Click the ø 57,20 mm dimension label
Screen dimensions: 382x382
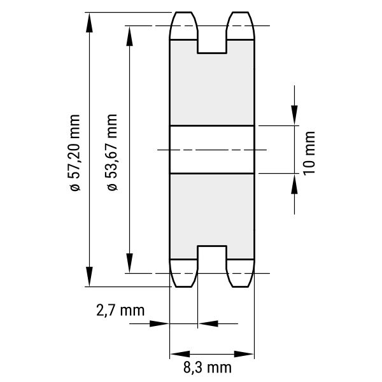pyautogui.click(x=74, y=153)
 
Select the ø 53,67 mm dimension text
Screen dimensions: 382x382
pyautogui.click(x=112, y=152)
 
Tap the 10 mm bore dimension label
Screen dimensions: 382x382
pyautogui.click(x=309, y=153)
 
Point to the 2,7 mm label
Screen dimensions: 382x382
pyautogui.click(x=120, y=311)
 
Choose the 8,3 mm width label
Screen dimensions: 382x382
pyautogui.click(x=208, y=367)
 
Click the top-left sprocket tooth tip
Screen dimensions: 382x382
pyautogui.click(x=183, y=12)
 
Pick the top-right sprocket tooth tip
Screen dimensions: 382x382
pyautogui.click(x=241, y=12)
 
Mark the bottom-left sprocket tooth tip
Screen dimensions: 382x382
pyautogui.click(x=183, y=286)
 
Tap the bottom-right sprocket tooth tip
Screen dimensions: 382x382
pyautogui.click(x=241, y=286)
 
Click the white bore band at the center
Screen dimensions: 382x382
pyautogui.click(x=212, y=150)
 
